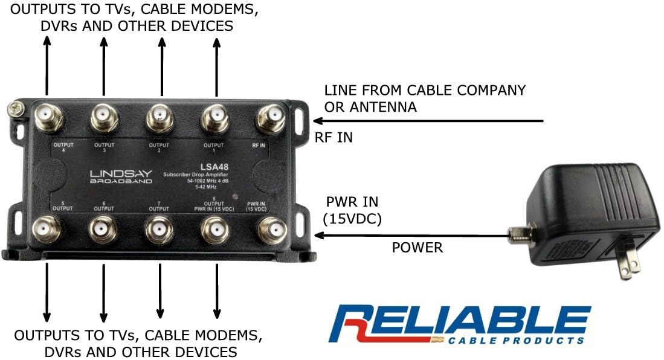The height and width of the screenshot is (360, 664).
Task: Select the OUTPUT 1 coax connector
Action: (214, 118)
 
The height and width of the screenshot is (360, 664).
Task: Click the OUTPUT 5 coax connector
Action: (47, 230)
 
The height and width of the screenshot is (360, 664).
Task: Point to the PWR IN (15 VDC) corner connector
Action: (271, 231)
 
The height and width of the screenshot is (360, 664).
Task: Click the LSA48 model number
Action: (214, 167)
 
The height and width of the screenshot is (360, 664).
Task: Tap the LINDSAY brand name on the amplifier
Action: (121, 173)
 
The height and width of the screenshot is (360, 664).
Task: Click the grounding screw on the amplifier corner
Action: (16, 109)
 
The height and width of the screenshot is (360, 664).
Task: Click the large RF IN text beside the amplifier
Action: (334, 138)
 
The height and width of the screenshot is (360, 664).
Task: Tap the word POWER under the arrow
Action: (417, 247)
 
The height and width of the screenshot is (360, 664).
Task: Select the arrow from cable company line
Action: (428, 121)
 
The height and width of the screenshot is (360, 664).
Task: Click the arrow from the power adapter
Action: (411, 236)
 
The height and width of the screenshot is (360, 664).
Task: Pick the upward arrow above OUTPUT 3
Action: (104, 66)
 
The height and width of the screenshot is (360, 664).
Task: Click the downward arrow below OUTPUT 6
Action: (103, 293)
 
